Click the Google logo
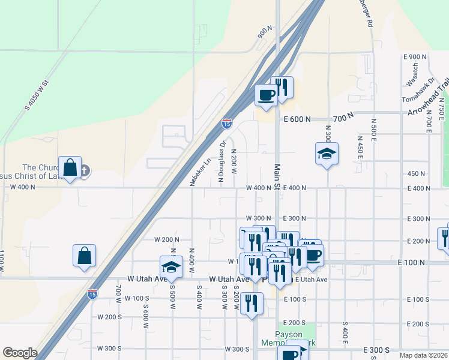point(20,353)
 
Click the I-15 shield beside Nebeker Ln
point(226,124)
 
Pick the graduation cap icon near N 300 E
point(327,154)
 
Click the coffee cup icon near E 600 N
point(267,94)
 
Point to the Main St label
point(278,177)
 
